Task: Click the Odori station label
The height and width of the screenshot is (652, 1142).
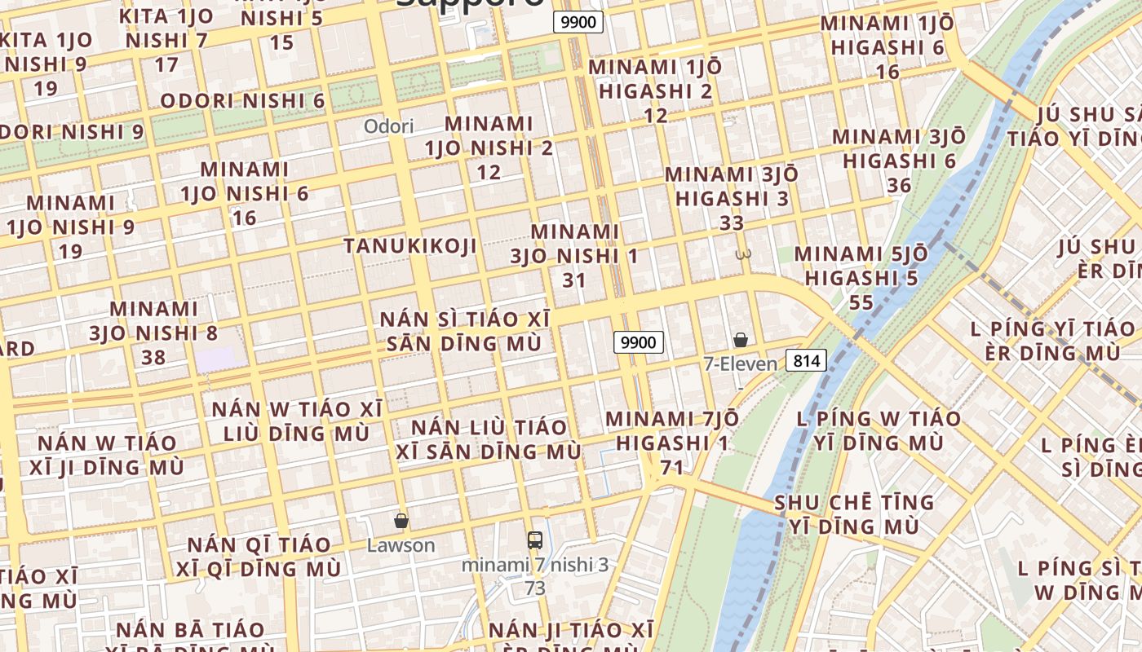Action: (388, 126)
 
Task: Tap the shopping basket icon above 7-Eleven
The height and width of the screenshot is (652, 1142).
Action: (741, 340)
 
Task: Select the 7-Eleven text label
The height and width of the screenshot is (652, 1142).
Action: (741, 363)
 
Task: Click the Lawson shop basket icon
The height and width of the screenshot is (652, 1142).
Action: (401, 520)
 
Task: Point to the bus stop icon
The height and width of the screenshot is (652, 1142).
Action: (535, 540)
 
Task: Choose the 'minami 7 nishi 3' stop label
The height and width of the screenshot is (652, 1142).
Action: (535, 564)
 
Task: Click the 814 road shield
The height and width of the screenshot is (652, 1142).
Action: (806, 360)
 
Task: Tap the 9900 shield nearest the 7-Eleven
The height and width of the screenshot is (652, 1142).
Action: (639, 342)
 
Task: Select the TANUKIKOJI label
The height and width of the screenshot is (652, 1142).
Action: (410, 246)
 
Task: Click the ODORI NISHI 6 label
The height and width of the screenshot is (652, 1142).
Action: (242, 101)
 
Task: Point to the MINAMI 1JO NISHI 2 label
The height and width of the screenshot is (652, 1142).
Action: (489, 148)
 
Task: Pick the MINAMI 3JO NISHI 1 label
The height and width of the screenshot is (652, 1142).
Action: (574, 256)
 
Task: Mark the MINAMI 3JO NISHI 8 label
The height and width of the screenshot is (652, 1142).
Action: (153, 333)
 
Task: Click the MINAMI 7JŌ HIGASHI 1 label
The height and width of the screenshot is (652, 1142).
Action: (672, 443)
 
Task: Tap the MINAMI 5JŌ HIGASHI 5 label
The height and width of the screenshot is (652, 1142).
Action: (861, 278)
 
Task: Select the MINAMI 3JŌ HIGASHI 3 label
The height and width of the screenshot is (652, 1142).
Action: (732, 198)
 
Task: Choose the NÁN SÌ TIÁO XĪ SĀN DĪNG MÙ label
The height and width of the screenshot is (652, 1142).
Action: (464, 331)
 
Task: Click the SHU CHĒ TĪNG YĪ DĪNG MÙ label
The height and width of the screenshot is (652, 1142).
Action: (854, 513)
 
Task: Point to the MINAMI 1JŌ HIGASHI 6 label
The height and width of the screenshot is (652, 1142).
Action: (887, 47)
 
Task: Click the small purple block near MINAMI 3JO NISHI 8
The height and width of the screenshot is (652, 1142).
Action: (215, 359)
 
